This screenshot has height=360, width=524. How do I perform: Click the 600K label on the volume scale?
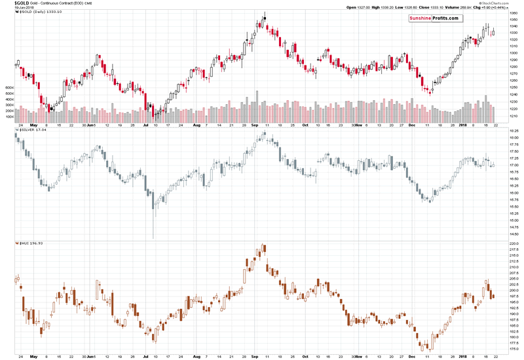9,87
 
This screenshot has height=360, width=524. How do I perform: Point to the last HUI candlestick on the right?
493,296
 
